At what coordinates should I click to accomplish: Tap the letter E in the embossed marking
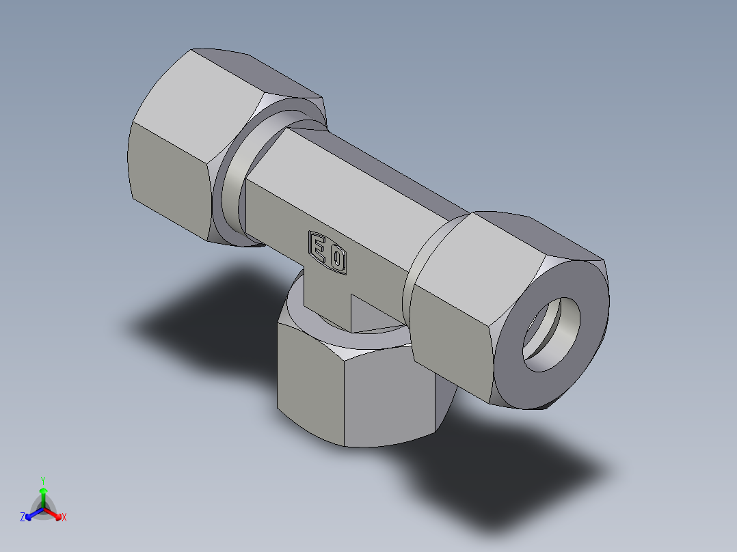319,247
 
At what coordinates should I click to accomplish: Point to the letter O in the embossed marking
337,259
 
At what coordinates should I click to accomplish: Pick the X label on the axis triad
64,517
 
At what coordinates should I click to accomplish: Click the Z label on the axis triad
23,517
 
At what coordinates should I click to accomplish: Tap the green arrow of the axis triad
43,495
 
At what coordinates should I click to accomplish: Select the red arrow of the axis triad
55,513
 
